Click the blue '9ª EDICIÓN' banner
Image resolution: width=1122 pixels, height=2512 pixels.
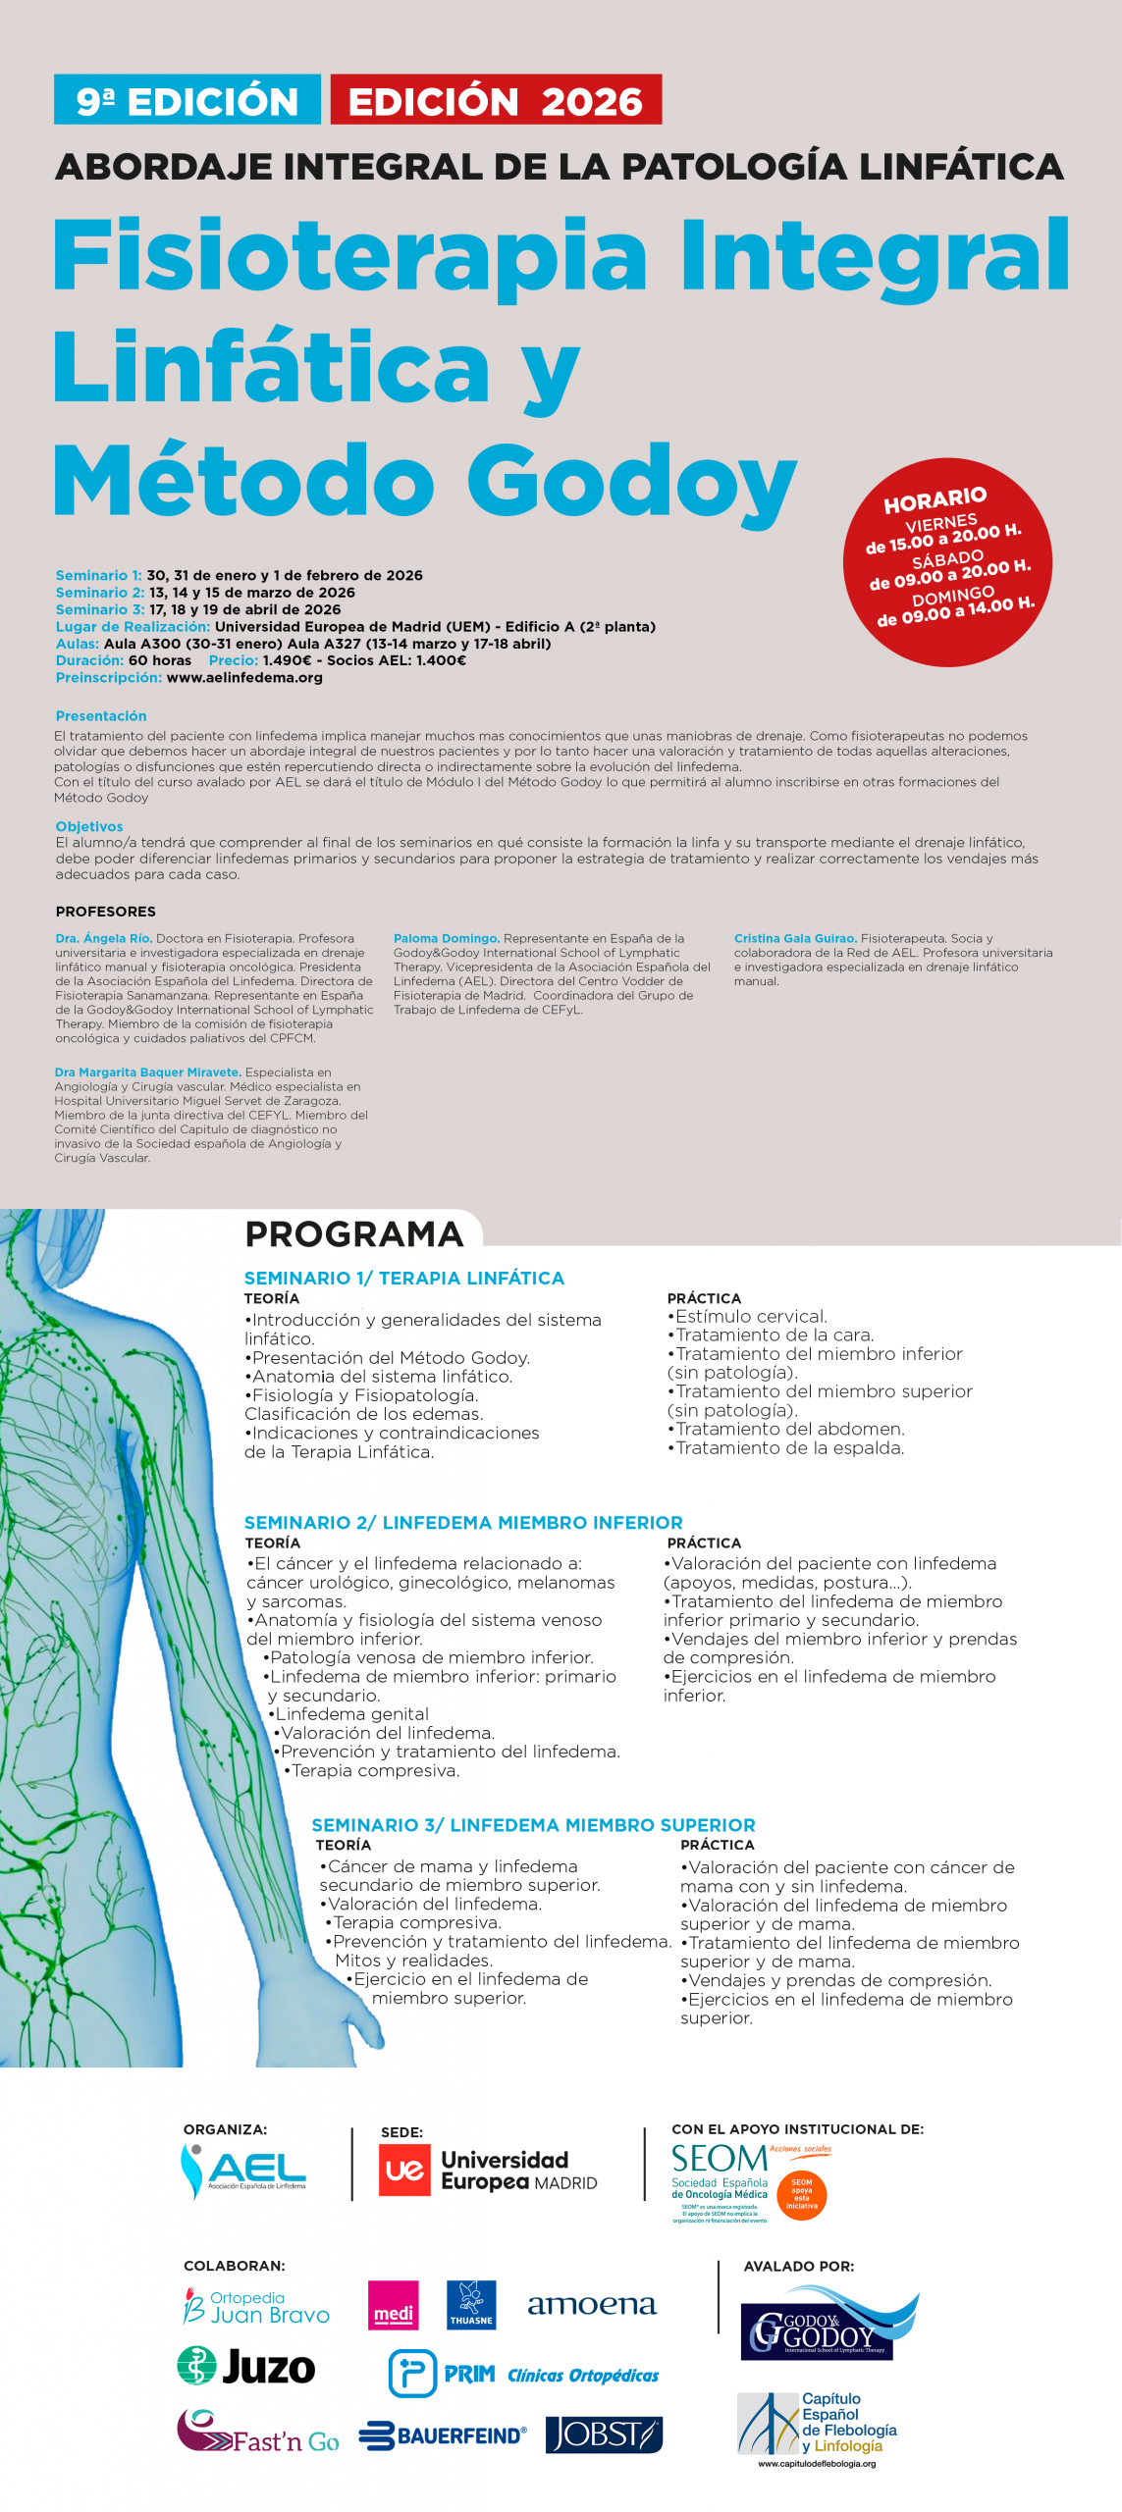(x=187, y=100)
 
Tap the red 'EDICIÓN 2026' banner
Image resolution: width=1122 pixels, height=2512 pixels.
(x=496, y=100)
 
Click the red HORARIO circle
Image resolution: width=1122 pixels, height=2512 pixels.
(x=947, y=562)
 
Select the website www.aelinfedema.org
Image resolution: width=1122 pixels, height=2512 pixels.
(x=244, y=677)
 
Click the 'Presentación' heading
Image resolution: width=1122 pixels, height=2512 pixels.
(x=101, y=716)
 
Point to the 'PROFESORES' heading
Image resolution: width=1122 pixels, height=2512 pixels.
(x=105, y=912)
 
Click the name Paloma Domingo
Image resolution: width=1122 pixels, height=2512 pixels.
(x=447, y=938)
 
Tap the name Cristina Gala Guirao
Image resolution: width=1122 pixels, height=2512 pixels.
(x=795, y=938)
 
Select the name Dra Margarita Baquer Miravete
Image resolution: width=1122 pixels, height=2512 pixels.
(x=148, y=1073)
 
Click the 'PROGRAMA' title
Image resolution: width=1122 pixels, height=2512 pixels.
(x=353, y=1233)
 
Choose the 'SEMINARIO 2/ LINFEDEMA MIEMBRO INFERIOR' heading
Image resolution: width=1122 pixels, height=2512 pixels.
(x=463, y=1522)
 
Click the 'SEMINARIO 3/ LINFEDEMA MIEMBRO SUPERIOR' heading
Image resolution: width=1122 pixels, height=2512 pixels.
(x=533, y=1824)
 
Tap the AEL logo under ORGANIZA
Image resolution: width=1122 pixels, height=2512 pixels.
(x=244, y=2170)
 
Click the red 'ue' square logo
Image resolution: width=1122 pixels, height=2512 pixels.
(x=404, y=2170)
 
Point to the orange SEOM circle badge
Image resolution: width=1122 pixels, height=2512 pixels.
(x=801, y=2193)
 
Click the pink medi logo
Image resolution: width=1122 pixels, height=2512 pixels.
(x=393, y=2304)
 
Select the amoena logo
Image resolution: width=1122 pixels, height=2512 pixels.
(x=591, y=2304)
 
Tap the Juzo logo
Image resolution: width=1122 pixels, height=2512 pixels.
(x=246, y=2366)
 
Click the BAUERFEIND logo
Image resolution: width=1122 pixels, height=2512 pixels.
(x=443, y=2435)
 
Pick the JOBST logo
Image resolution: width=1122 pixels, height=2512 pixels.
(x=604, y=2434)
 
